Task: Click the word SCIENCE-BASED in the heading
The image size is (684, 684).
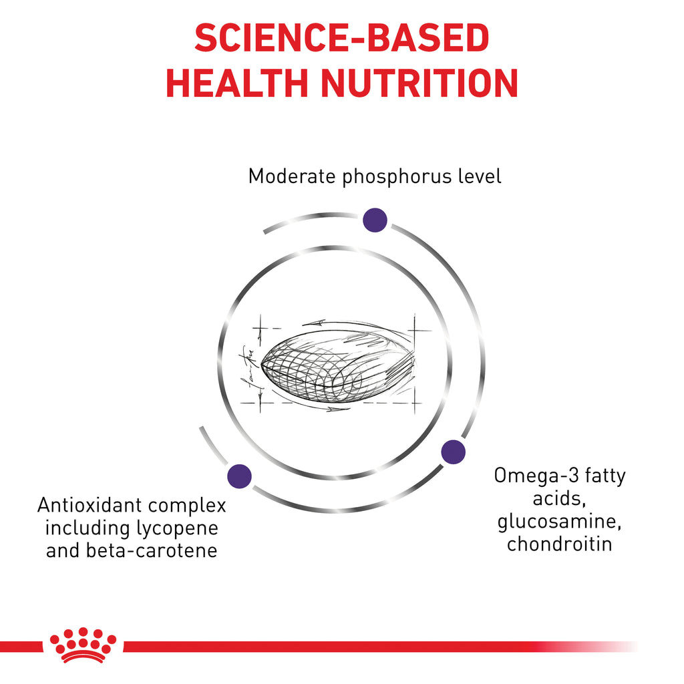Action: click(x=341, y=38)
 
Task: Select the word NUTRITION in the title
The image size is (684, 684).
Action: click(x=419, y=83)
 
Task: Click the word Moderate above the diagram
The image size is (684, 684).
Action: click(x=292, y=176)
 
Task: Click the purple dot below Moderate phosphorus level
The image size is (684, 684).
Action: click(x=375, y=220)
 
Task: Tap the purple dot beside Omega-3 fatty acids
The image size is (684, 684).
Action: click(x=454, y=452)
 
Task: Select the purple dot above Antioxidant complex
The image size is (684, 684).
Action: click(x=240, y=476)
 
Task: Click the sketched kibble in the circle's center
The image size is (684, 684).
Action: click(x=338, y=365)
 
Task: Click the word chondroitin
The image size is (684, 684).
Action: click(x=559, y=544)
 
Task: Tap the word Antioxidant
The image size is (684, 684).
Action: click(x=90, y=505)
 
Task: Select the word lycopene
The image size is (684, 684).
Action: click(x=177, y=529)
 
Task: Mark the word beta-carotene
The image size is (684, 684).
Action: click(x=152, y=550)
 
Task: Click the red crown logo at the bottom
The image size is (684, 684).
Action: click(x=83, y=645)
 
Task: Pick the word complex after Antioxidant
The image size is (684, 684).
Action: click(x=187, y=506)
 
